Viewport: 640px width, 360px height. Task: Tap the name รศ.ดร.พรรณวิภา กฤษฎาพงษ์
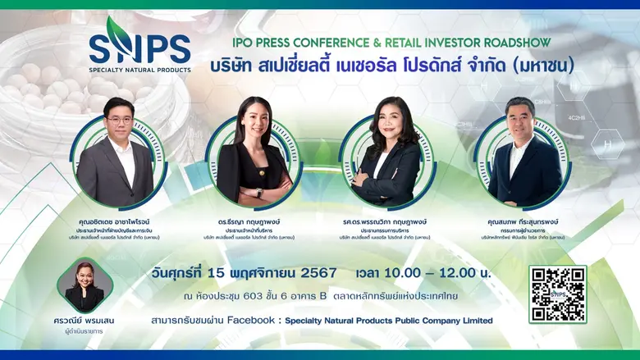390,221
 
